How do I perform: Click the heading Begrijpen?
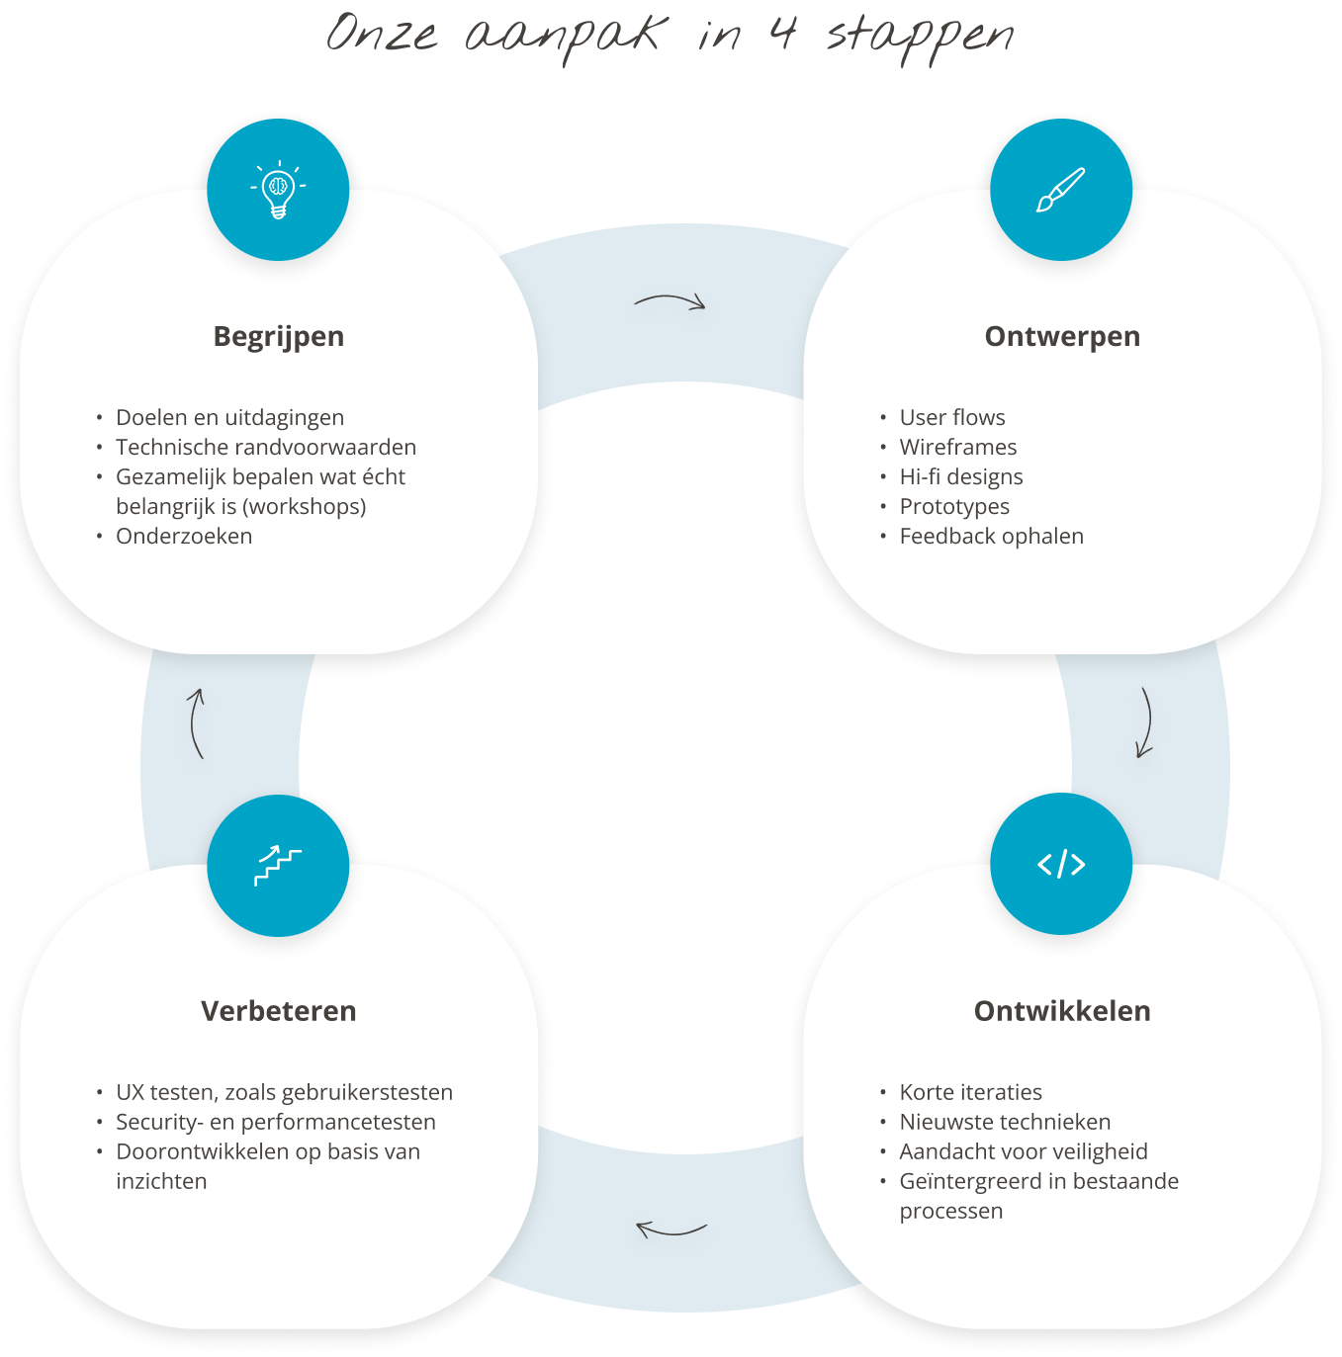click(x=279, y=337)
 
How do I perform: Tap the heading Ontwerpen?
click(x=1062, y=337)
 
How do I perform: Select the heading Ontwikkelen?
click(x=1062, y=1011)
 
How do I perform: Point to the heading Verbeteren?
click(x=279, y=1011)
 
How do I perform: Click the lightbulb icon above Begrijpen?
click(x=278, y=189)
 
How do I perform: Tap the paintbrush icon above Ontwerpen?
click(x=1061, y=189)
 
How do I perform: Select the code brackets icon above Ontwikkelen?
click(x=1061, y=865)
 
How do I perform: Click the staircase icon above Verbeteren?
click(x=278, y=866)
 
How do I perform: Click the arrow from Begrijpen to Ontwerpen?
click(x=670, y=300)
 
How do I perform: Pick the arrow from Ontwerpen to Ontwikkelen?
click(x=1145, y=722)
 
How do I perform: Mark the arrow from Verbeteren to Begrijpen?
click(x=196, y=723)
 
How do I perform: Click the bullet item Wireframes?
click(x=957, y=448)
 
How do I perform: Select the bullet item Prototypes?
click(x=954, y=507)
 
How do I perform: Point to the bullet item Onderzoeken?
click(x=184, y=537)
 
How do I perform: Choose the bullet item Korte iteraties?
click(x=970, y=1093)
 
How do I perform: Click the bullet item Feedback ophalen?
click(x=991, y=537)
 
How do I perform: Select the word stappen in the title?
click(x=920, y=38)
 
